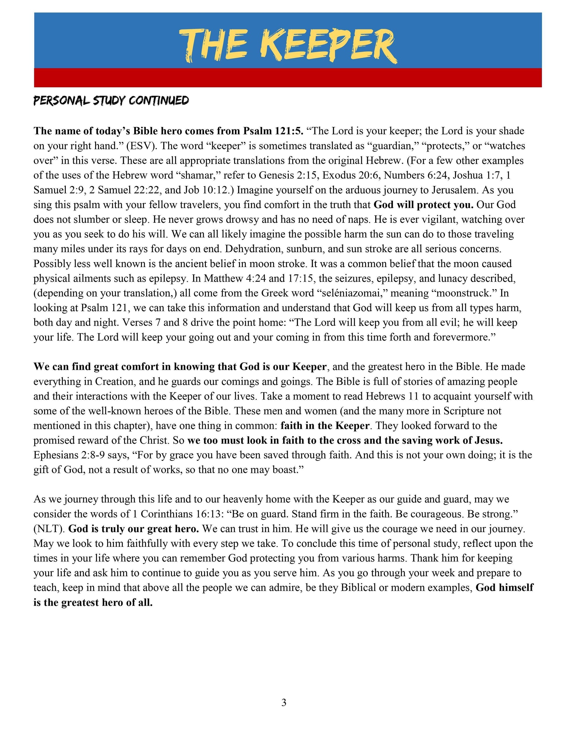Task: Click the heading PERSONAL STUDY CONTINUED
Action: click(111, 101)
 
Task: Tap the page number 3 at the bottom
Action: click(284, 703)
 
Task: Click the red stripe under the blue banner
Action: click(288, 78)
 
